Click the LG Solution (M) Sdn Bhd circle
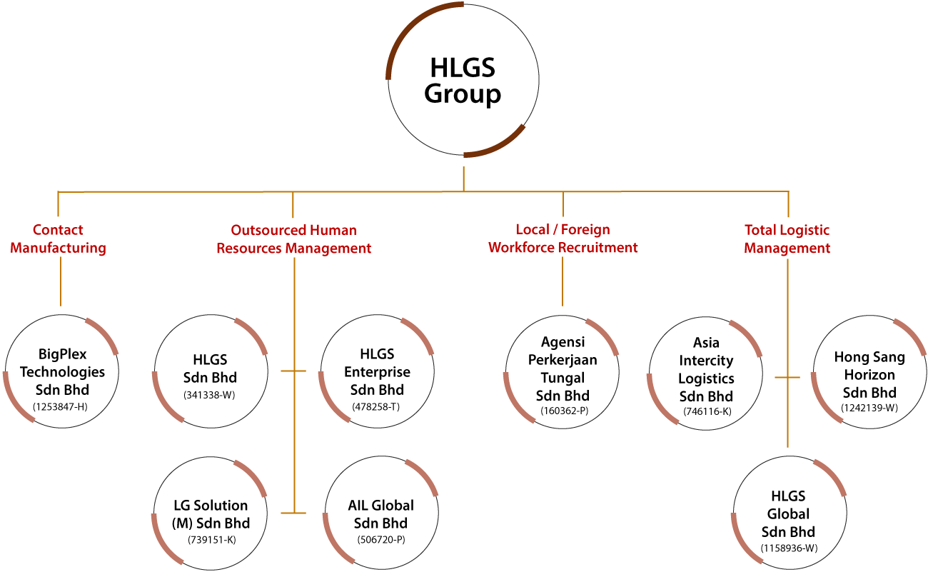[211, 514]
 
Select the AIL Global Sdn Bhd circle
[380, 514]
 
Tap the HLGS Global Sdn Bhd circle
[788, 514]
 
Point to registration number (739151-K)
[211, 540]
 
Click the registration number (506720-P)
[380, 540]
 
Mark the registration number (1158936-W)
[788, 548]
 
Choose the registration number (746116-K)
[706, 411]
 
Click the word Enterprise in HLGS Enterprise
[377, 372]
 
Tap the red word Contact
[58, 230]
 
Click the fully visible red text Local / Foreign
[563, 229]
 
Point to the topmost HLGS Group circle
[463, 80]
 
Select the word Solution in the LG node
[221, 506]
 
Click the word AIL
[358, 506]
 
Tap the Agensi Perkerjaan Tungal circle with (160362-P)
[563, 370]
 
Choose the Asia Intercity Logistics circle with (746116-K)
[706, 370]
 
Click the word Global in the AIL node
[392, 506]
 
